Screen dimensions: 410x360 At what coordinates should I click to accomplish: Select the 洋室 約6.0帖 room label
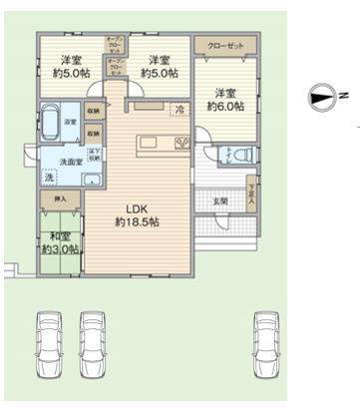pyautogui.click(x=224, y=98)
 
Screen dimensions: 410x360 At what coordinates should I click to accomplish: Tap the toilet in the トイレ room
pyautogui.click(x=226, y=158)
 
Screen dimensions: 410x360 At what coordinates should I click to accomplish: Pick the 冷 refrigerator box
pyautogui.click(x=180, y=109)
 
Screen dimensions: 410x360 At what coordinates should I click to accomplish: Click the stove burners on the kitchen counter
pyautogui.click(x=181, y=144)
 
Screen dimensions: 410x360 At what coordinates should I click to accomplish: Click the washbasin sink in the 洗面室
pyautogui.click(x=90, y=180)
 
